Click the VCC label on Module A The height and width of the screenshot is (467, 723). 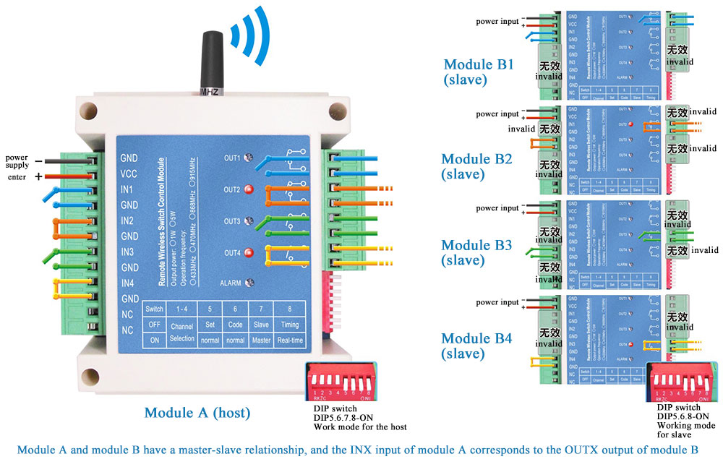[x=129, y=173]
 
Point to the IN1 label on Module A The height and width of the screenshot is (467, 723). [x=128, y=189]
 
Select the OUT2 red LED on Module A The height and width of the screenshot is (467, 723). [x=249, y=190]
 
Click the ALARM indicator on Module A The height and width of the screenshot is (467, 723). [x=248, y=283]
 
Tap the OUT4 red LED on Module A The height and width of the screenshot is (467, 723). [x=249, y=252]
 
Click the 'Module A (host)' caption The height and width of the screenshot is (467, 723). [x=197, y=413]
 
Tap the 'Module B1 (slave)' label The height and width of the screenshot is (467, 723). [x=478, y=72]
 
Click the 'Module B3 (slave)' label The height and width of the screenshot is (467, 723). [x=476, y=252]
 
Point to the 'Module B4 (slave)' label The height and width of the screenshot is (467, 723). [x=476, y=346]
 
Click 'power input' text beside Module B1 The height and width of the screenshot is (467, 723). [x=497, y=22]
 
